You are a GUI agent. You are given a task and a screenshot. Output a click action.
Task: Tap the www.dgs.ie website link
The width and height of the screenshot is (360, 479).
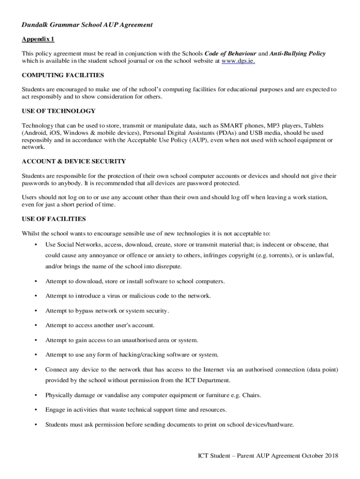pos(238,61)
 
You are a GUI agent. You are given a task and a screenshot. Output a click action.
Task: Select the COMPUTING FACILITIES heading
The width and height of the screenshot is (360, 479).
pos(63,75)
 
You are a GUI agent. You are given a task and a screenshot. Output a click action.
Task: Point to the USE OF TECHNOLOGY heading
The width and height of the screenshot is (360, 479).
pos(58,111)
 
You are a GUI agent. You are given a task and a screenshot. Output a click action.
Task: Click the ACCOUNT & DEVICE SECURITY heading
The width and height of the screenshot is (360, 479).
pos(74,161)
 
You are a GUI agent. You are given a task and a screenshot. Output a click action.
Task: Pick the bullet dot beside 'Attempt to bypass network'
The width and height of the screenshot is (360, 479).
pos(36,311)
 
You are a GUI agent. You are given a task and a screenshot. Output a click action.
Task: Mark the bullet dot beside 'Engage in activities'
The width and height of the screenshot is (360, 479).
pos(36,410)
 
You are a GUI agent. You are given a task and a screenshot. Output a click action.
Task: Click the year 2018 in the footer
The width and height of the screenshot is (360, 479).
pos(330,456)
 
